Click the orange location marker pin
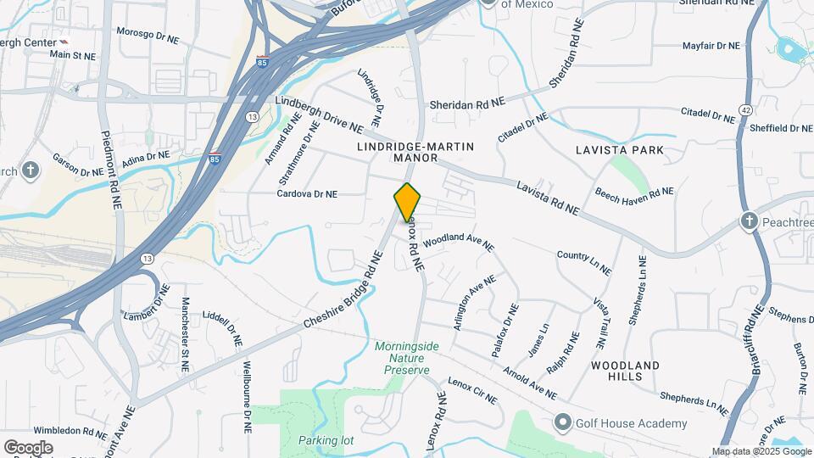pyautogui.click(x=407, y=202)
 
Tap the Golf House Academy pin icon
pyautogui.click(x=561, y=422)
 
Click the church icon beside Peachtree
pyautogui.click(x=749, y=221)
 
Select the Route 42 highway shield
pyautogui.click(x=744, y=109)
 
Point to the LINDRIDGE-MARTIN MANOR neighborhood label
pyautogui.click(x=415, y=152)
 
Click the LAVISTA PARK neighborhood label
pyautogui.click(x=618, y=150)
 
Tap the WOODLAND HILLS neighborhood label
pyautogui.click(x=625, y=371)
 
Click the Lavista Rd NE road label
pyautogui.click(x=548, y=197)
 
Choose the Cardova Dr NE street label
pyautogui.click(x=307, y=194)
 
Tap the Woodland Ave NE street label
pyautogui.click(x=458, y=242)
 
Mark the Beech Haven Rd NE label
pyautogui.click(x=634, y=195)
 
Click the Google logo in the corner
pyautogui.click(x=28, y=447)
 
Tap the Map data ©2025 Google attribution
pyautogui.click(x=761, y=451)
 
